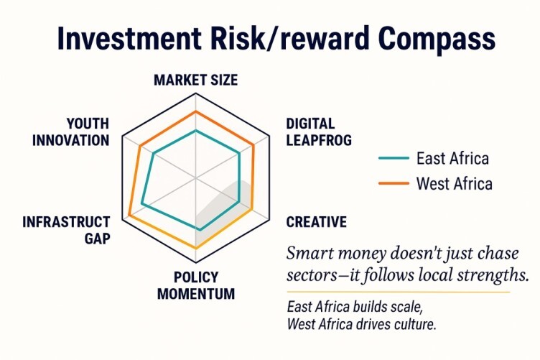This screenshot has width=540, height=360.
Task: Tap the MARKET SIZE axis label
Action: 195,80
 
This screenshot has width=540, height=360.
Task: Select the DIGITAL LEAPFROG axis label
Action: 319,132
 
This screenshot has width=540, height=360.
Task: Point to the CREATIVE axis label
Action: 316,222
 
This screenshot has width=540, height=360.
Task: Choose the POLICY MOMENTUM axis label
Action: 196,285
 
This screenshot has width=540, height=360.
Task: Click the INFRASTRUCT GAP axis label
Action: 67,230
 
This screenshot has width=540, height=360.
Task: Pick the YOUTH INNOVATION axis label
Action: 70,132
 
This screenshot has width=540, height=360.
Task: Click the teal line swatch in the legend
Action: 394,159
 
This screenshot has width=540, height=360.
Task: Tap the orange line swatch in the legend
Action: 394,183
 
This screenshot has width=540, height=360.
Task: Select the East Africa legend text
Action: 452,159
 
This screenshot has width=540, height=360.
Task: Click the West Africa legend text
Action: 455,183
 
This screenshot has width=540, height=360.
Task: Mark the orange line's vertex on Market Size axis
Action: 195,111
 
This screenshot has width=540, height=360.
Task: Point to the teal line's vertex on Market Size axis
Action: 195,131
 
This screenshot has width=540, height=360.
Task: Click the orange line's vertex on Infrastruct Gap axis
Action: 129,216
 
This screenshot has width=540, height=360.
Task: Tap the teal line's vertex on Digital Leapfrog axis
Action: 239,152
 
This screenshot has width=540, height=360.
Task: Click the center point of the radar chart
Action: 195,178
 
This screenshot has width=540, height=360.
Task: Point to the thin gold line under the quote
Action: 399,292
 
